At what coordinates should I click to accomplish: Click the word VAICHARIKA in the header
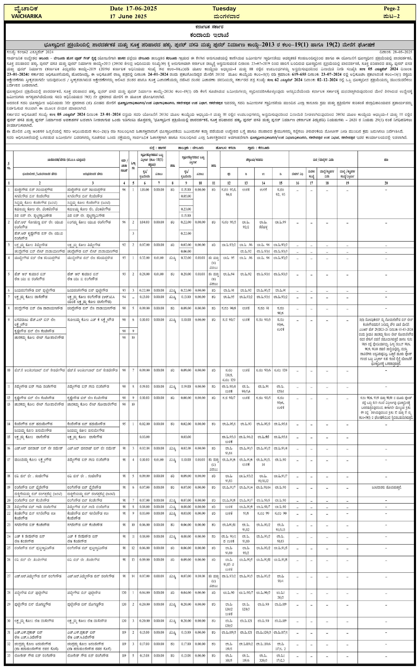pos(26,16)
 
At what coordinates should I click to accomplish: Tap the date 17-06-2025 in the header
pos(142,9)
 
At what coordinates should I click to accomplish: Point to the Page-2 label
pos(391,9)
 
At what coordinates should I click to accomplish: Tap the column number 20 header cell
pos(386,183)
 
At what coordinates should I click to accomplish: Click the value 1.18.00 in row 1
pos(144,189)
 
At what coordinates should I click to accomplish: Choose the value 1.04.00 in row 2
pos(144,222)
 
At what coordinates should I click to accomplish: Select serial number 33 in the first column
pos(9,655)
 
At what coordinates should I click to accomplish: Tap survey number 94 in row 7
pos(124,297)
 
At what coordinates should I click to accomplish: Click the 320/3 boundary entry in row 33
pos(263,660)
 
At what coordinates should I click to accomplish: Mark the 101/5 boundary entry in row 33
pos(229,660)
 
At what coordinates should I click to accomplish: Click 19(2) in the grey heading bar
pos(332,45)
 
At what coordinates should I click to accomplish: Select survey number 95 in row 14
pos(124,424)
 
